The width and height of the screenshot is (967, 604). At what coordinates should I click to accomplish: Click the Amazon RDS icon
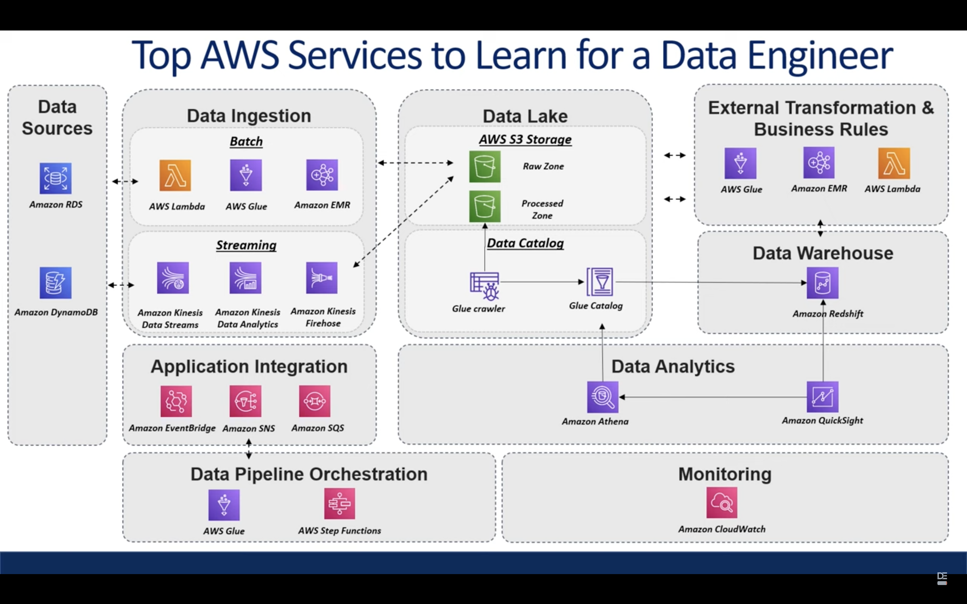point(56,178)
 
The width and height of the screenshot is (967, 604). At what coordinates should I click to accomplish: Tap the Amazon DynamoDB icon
point(56,283)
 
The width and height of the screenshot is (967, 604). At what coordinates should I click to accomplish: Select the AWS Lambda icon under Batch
point(175,175)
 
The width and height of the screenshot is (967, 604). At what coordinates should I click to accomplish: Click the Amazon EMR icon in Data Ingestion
point(322,175)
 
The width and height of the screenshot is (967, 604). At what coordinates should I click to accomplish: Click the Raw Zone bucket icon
point(485,167)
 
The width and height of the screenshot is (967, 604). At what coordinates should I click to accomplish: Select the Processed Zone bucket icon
point(485,206)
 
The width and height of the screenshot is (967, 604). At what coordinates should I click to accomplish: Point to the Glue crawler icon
point(485,286)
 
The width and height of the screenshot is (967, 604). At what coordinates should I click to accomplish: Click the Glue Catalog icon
point(600,282)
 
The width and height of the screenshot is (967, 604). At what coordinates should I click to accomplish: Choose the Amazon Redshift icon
point(822,283)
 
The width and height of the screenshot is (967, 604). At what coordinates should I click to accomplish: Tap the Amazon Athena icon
point(603,397)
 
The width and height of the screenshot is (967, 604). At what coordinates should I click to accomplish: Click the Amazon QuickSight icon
point(822,397)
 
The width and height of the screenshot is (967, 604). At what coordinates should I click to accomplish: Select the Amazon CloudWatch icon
point(722,502)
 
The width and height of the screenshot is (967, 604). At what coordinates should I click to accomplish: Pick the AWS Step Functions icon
point(339,504)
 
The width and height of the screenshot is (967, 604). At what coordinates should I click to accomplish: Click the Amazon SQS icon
point(315,401)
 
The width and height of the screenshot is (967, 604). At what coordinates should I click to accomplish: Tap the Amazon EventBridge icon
point(176,401)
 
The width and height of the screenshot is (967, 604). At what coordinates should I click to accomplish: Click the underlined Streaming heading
point(246,245)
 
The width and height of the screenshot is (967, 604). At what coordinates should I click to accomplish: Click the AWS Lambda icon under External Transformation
point(894,163)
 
